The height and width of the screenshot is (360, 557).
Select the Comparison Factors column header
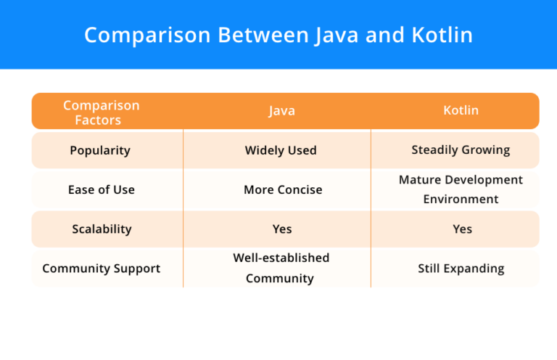(x=101, y=112)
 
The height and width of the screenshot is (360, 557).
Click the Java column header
(x=281, y=111)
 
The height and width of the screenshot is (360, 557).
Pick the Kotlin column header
(x=461, y=111)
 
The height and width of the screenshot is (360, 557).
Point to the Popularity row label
(x=100, y=150)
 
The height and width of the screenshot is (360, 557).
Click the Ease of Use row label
(x=101, y=189)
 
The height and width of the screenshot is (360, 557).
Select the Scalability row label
(x=102, y=229)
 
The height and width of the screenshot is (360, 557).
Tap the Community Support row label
(x=101, y=268)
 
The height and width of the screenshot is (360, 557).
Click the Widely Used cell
(x=281, y=150)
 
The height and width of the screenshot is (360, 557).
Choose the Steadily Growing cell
(x=461, y=150)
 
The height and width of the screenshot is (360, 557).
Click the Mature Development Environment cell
(x=461, y=189)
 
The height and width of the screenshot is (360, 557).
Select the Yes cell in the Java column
(x=282, y=229)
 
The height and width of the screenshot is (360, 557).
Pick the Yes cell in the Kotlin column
(x=462, y=229)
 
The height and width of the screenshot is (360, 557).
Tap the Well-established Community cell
(x=281, y=268)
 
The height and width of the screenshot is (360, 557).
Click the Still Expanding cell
(x=461, y=268)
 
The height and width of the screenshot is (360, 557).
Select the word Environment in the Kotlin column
(x=461, y=199)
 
